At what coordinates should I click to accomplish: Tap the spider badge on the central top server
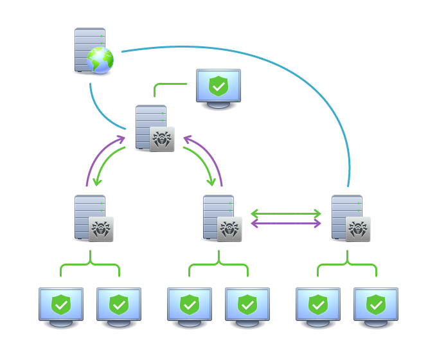tap(162, 139)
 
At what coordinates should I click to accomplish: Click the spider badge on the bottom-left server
tap(101, 230)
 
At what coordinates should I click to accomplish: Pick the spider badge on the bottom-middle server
tap(229, 230)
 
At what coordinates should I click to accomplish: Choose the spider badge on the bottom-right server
tap(358, 230)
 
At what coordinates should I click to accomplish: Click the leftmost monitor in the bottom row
tap(61, 306)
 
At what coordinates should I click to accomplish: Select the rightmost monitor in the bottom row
tap(376, 306)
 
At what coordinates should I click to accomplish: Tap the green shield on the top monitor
tap(219, 85)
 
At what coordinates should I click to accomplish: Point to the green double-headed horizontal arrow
tap(286, 213)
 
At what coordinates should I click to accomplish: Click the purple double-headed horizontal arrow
tap(286, 224)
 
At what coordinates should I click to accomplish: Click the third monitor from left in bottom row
tap(190, 306)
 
